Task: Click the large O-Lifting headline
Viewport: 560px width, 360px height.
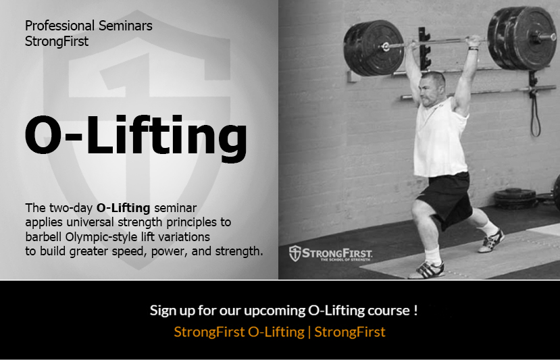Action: click(136, 136)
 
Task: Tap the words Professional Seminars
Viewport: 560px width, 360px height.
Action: click(88, 26)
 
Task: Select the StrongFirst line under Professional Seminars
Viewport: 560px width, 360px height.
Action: click(56, 41)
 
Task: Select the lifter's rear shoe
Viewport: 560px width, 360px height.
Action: click(492, 240)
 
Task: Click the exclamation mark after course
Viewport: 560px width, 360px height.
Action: click(415, 311)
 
